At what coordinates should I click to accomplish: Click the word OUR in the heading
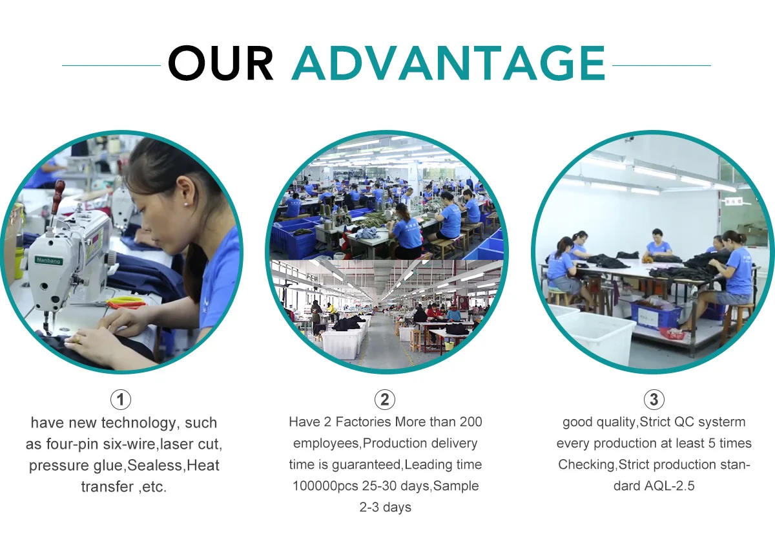(221, 63)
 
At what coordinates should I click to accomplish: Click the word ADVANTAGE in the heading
(448, 63)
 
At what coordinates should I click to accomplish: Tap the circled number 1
(121, 400)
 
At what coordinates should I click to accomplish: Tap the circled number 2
(385, 400)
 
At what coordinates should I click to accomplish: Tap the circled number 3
(654, 400)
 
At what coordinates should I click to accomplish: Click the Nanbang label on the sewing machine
(48, 261)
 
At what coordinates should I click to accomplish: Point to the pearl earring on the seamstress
(187, 205)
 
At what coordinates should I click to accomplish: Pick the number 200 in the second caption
(471, 422)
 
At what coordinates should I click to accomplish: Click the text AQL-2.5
(669, 486)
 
